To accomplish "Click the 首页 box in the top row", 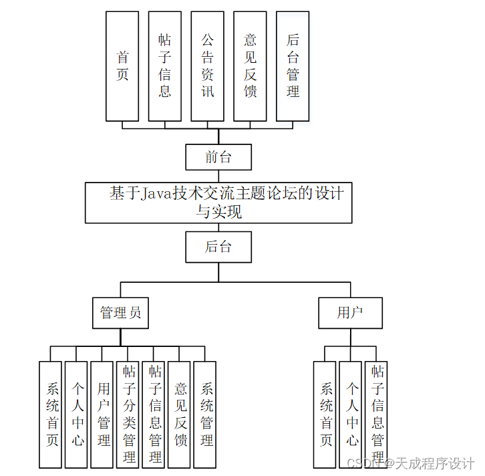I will (122, 66).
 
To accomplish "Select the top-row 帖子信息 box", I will (165, 66).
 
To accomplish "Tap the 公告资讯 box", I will (208, 66).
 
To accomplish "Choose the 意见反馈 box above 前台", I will (251, 66).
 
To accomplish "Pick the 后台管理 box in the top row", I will (293, 66).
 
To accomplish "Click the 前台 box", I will (218, 158).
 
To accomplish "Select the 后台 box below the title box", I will (218, 247).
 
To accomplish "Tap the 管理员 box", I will (120, 313).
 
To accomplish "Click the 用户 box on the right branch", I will (350, 313).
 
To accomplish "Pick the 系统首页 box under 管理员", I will (51, 414).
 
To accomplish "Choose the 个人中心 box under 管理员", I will (77, 414).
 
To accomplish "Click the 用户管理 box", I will (103, 414).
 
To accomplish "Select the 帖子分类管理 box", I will (128, 414).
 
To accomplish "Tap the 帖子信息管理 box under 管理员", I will (154, 414).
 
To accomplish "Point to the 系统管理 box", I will (206, 414).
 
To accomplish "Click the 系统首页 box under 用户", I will (325, 414).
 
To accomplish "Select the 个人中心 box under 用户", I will (351, 414).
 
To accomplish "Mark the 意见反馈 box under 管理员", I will (180, 414).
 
